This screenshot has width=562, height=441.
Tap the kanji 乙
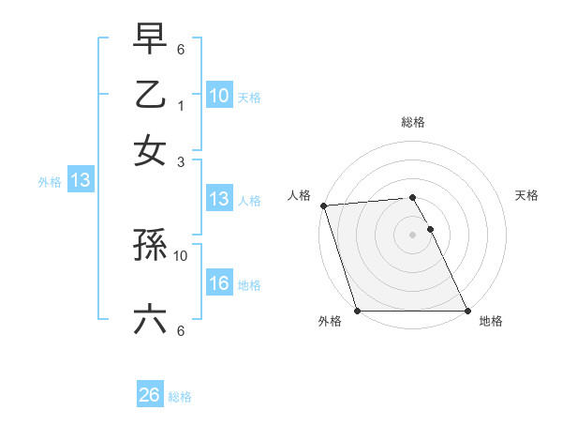150,96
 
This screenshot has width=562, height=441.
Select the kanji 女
150,150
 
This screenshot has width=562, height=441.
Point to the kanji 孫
150,247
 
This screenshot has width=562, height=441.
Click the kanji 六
150,320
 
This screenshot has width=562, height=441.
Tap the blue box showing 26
150,395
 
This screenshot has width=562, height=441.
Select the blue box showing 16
219,284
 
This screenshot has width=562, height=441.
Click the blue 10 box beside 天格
219,96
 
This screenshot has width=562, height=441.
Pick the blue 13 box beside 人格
219,199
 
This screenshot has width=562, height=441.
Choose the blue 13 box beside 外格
81,181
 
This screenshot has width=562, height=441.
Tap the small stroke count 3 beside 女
182,161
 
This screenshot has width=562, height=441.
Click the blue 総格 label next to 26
180,397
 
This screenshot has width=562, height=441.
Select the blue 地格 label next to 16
249,285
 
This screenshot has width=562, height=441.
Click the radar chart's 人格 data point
323,205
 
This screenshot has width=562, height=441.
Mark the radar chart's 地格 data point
467,311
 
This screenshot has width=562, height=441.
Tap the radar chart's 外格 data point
357,311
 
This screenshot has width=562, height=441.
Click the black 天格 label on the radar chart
526,195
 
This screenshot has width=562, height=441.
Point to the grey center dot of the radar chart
412,234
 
